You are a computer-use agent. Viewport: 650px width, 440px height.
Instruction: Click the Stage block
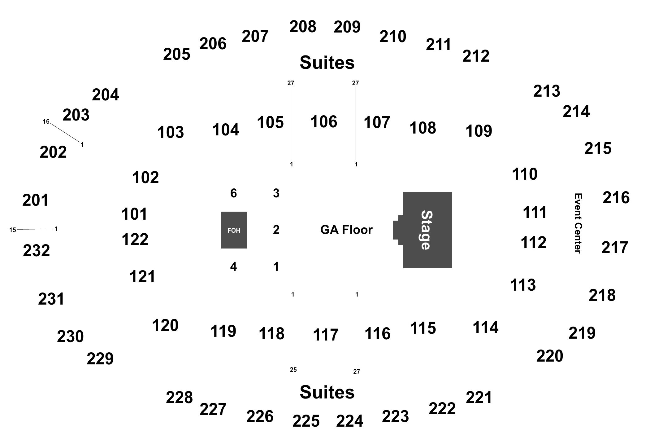(427, 230)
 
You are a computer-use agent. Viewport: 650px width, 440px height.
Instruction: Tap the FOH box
(234, 230)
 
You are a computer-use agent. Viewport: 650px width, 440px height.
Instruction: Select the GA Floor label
(346, 230)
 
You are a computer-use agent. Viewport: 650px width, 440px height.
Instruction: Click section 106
(324, 121)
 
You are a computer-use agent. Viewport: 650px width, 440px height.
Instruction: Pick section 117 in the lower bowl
(326, 335)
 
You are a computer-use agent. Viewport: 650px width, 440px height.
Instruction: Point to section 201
(36, 200)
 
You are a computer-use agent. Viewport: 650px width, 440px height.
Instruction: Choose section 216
(616, 198)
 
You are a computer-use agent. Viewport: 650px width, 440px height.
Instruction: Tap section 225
(306, 421)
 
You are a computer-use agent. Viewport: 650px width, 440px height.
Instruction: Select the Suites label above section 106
(327, 63)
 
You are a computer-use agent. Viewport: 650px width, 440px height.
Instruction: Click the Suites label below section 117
(327, 392)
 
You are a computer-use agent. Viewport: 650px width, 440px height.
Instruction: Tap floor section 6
(234, 193)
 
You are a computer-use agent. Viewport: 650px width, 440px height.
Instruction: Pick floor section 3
(276, 193)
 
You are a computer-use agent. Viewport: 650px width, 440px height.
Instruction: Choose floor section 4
(233, 266)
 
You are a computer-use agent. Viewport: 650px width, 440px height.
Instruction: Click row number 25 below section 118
(293, 370)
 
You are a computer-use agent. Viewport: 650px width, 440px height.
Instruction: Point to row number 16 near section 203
(46, 121)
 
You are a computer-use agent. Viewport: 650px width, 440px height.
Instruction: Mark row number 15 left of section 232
(13, 230)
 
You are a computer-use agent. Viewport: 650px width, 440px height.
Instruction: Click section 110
(525, 174)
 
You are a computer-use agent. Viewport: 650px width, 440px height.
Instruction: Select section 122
(135, 240)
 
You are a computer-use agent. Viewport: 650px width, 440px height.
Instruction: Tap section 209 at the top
(347, 27)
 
